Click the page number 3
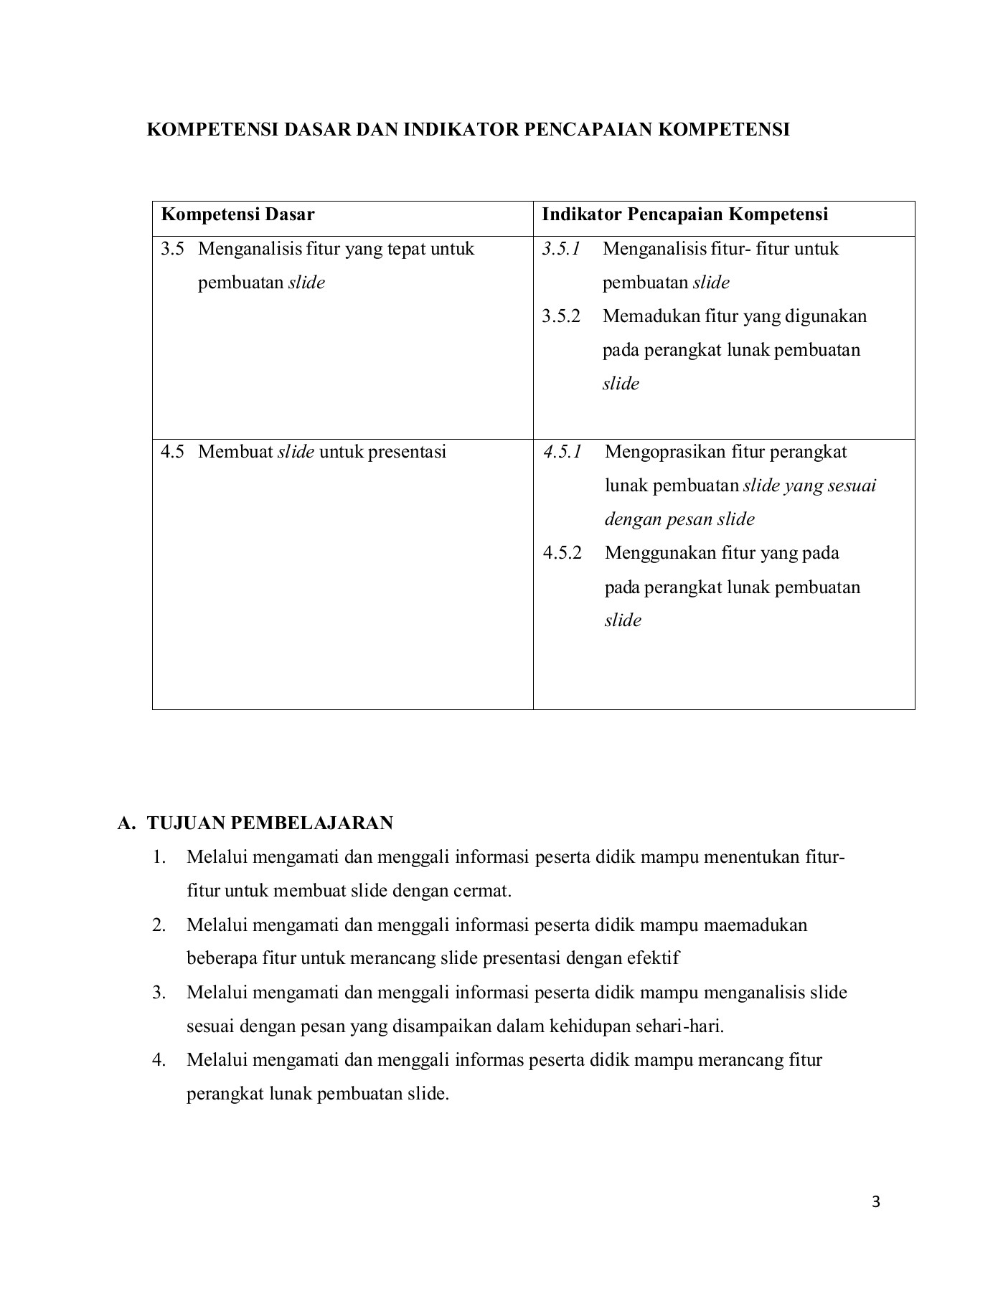point(875,1202)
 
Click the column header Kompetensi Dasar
point(237,214)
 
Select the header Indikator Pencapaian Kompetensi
point(684,214)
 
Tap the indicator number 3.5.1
point(561,249)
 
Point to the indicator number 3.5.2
point(561,316)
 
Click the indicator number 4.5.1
point(562,452)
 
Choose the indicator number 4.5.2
point(562,553)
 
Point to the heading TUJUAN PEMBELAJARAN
point(270,823)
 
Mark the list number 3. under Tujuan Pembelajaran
point(159,993)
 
